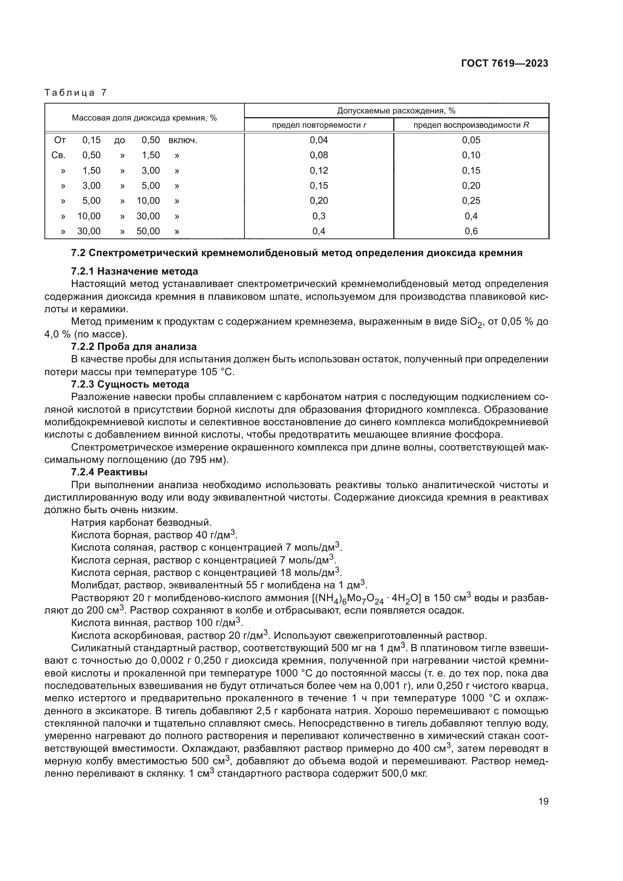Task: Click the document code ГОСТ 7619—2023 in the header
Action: [x=504, y=64]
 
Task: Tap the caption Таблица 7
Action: [x=76, y=93]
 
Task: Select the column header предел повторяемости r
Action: [x=319, y=125]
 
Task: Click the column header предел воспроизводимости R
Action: [x=471, y=125]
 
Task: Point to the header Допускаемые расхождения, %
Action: [x=396, y=111]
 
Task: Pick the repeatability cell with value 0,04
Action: [x=319, y=140]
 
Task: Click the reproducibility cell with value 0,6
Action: [x=471, y=231]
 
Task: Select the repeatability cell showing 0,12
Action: [x=319, y=170]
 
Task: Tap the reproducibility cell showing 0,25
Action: [x=471, y=201]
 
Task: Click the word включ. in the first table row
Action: [x=183, y=140]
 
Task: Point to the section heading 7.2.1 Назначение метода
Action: [x=134, y=271]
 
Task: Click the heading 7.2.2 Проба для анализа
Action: [x=133, y=347]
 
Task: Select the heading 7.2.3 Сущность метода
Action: [x=130, y=385]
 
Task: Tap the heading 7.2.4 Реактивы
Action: [x=109, y=472]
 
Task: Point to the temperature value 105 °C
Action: [x=217, y=372]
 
